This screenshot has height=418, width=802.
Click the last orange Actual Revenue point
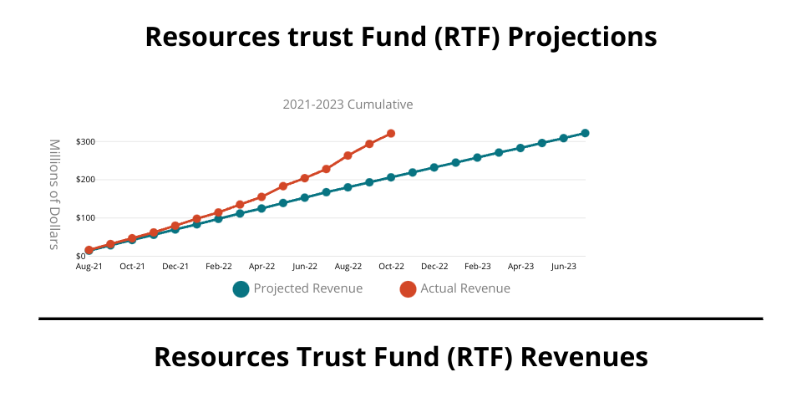[x=391, y=134]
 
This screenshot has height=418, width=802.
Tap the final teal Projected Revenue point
[x=585, y=133]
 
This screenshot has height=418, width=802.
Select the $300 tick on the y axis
[x=85, y=142]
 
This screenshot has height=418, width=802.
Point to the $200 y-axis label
[x=85, y=180]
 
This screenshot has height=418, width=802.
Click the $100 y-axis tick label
[x=85, y=218]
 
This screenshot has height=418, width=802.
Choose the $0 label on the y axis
[x=81, y=256]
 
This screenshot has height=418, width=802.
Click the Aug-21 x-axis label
[x=89, y=267]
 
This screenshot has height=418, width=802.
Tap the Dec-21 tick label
[x=175, y=267]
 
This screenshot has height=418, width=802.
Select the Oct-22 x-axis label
[x=391, y=267]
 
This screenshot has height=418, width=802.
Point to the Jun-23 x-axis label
[x=563, y=267]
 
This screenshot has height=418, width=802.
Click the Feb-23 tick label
[x=477, y=267]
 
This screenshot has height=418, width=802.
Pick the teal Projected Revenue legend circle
[x=241, y=289]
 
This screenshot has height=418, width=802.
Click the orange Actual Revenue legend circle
[x=408, y=289]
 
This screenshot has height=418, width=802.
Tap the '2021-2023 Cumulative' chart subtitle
[x=348, y=104]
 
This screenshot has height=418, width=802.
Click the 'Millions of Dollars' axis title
[x=55, y=194]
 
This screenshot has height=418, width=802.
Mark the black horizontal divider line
[x=401, y=319]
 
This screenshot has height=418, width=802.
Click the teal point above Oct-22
[x=391, y=177]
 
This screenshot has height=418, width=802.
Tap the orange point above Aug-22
[x=348, y=155]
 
